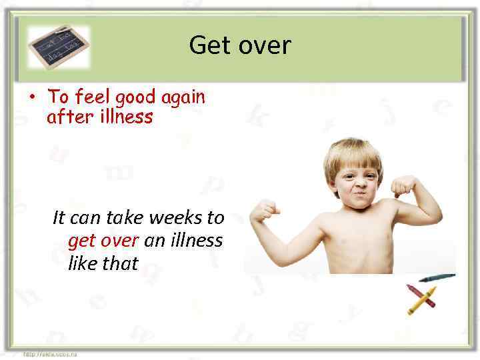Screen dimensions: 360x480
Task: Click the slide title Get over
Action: [x=240, y=45]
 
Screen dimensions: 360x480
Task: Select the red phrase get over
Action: [x=103, y=240]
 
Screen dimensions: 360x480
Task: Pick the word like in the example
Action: [x=83, y=263]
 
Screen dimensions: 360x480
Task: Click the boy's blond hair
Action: [x=353, y=152]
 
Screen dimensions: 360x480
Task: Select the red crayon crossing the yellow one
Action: [x=420, y=295]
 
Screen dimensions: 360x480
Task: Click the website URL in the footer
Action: [x=50, y=354]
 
